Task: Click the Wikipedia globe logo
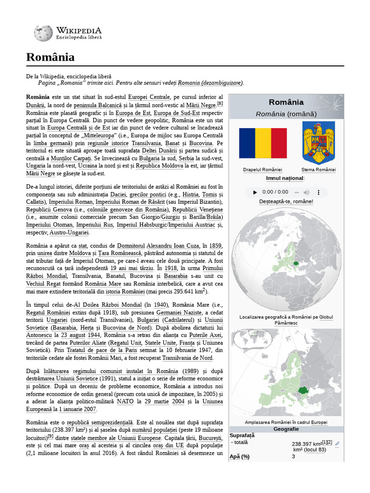point(43,33)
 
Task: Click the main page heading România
point(51,58)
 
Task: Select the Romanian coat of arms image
point(318,143)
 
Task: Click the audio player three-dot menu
point(319,192)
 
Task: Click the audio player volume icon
point(306,192)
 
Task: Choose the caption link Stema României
point(318,170)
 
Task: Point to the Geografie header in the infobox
point(286,429)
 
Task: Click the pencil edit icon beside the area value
point(337,443)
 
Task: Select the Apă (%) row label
point(239,456)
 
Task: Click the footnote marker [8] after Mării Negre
point(220,104)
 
